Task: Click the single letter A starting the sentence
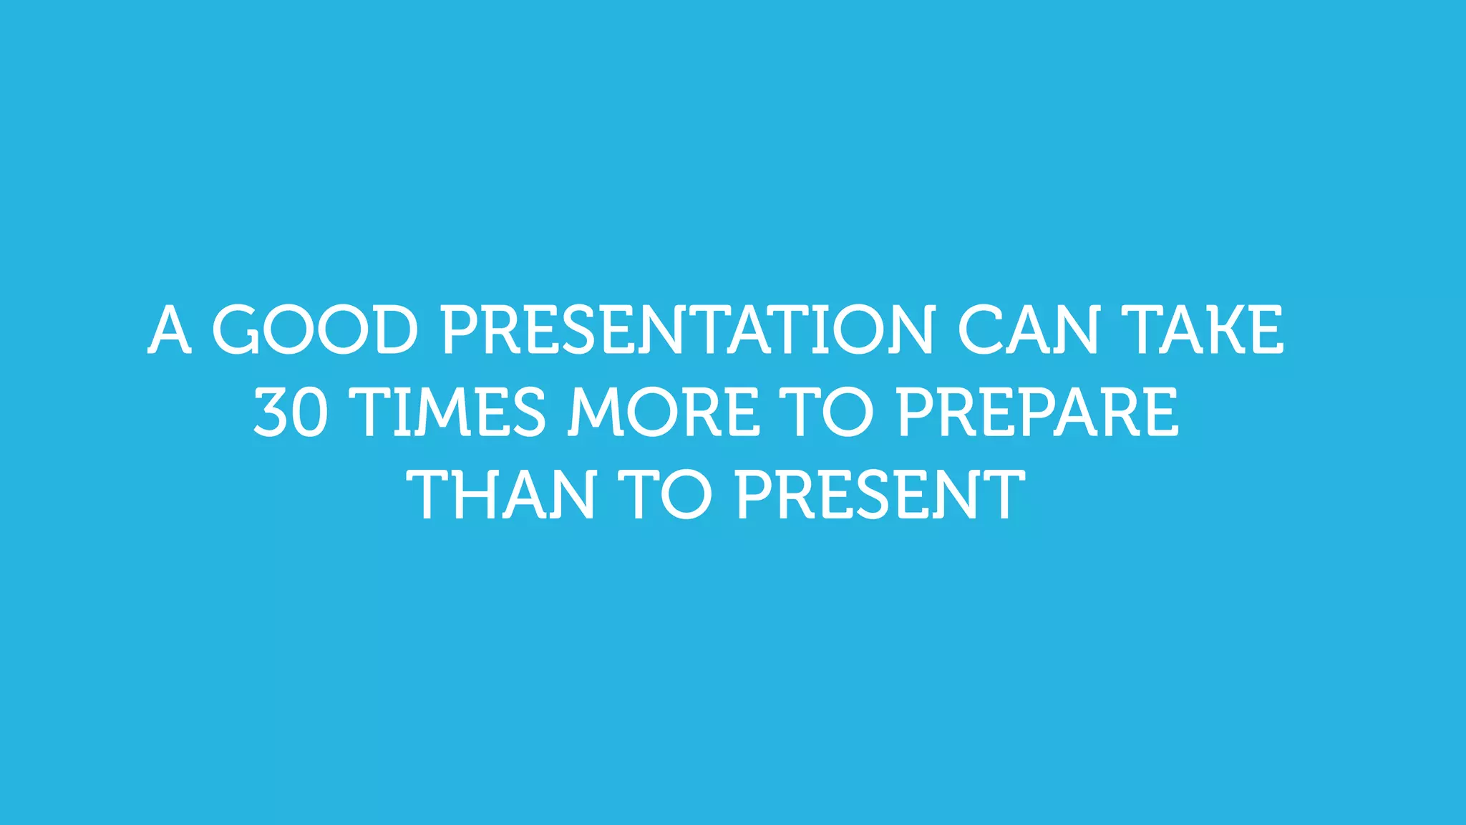[x=170, y=329]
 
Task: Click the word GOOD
[x=315, y=329]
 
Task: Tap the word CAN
[x=1028, y=329]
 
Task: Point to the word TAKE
[x=1202, y=329]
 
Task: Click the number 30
[x=291, y=412]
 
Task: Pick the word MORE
[x=664, y=412]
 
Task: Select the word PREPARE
[x=1037, y=412]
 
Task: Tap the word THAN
[x=501, y=494]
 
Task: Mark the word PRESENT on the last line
[x=880, y=494]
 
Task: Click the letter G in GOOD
[x=236, y=329]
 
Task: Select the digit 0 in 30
[x=311, y=412]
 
